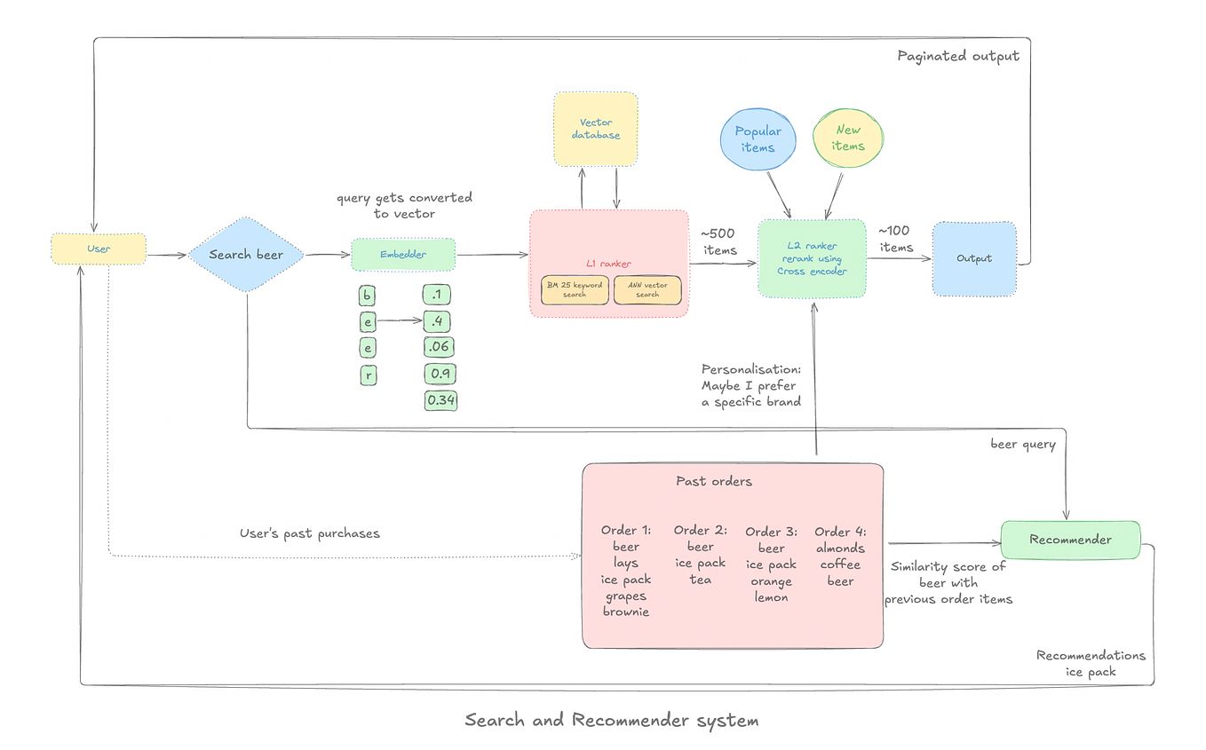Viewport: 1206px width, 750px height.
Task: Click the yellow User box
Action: pos(99,249)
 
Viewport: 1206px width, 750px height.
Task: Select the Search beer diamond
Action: pos(246,255)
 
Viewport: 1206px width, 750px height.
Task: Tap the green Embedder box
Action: pos(403,255)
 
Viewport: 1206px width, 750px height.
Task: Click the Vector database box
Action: pos(595,130)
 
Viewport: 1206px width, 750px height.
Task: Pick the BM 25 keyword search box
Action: pos(575,290)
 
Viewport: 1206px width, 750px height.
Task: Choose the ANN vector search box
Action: pos(647,290)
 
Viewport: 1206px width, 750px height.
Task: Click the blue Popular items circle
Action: pos(758,139)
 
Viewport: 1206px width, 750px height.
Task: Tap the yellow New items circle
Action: pos(848,138)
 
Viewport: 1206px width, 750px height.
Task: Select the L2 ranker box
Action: pos(812,258)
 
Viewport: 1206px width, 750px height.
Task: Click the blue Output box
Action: pos(973,258)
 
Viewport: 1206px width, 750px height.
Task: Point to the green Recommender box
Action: pos(1070,540)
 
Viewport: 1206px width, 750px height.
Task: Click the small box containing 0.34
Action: pos(440,401)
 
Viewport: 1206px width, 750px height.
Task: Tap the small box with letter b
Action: pos(367,296)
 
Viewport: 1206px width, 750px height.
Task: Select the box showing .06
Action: pos(440,347)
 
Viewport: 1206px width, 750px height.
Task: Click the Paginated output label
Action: pos(957,56)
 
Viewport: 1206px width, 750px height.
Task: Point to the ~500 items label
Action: pos(719,242)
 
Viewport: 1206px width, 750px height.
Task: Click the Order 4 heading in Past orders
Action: pos(840,533)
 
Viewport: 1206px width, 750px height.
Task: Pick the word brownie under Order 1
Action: pos(625,612)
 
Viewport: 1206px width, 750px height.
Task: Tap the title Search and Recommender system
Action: pos(612,720)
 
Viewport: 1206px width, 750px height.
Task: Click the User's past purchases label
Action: pos(309,533)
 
